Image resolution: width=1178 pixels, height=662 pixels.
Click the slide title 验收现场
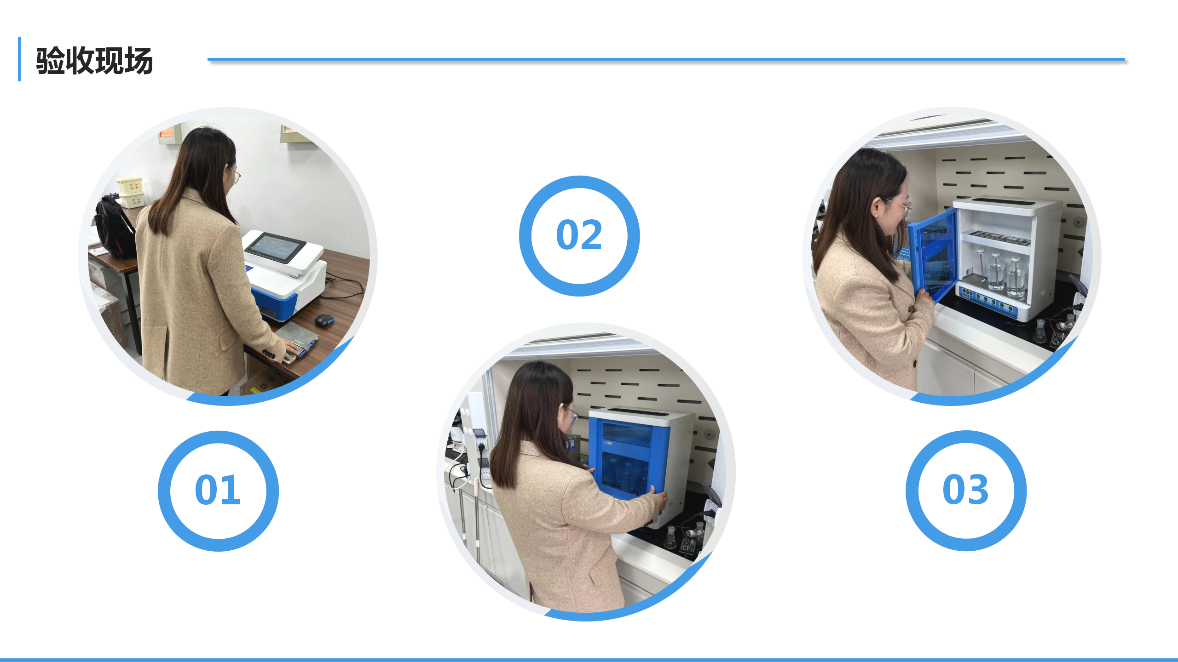point(94,61)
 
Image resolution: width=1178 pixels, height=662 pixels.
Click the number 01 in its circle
point(218,490)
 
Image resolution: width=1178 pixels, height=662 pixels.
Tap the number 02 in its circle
point(579,235)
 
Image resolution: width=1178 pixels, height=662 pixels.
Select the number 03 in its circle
point(965,490)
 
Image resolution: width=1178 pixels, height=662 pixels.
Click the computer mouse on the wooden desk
point(324,320)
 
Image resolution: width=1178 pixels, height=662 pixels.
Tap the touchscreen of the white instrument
point(276,248)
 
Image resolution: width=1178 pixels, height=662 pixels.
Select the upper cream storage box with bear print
point(130,185)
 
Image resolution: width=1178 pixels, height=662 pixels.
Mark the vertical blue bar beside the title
point(19,59)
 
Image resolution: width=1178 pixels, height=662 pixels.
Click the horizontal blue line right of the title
point(666,59)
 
